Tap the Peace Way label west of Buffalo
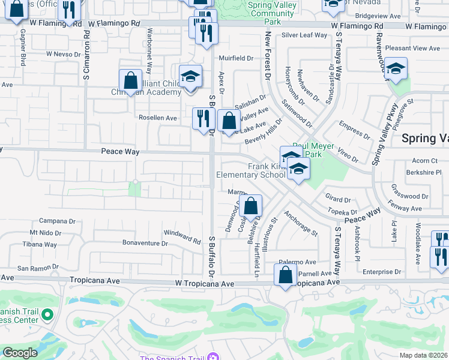tap(120, 152)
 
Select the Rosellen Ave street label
tap(158, 118)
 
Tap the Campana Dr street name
tap(58, 221)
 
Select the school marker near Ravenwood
tap(396, 69)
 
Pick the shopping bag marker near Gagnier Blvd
tap(17, 9)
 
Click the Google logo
tap(20, 352)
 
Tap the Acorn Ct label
tap(425, 161)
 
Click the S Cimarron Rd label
tap(87, 60)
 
